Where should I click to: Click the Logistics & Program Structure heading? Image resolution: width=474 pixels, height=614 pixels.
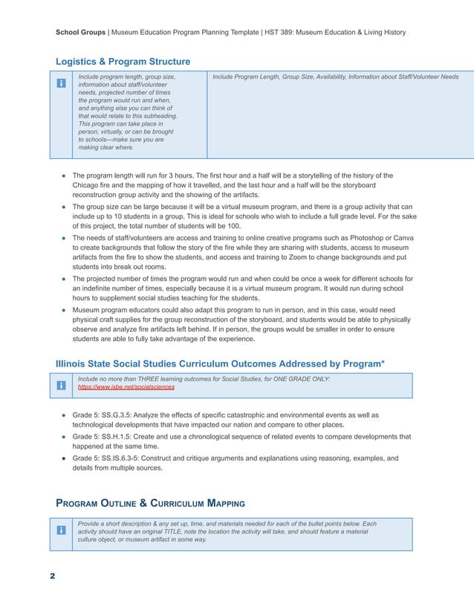point(123,61)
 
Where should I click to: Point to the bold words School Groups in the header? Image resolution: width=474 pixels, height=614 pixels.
point(82,32)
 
